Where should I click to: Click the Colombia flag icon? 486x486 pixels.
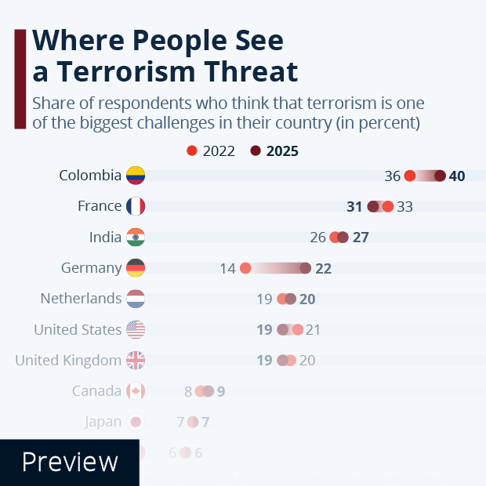136,176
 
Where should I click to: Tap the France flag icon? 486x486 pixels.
136,206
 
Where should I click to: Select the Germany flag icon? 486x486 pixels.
136,268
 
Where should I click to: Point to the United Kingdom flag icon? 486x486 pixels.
136,361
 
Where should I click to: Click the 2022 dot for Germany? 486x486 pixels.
245,268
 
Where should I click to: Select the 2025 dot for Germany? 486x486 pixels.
305,268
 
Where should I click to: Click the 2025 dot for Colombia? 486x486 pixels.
440,176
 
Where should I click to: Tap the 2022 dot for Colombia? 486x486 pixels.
410,176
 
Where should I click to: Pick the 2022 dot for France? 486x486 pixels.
387,206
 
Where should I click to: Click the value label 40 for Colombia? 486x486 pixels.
457,176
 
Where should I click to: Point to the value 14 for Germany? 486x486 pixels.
227,268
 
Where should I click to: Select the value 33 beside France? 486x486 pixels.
404,206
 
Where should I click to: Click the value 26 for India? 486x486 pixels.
317,238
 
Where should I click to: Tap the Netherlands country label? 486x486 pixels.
81,299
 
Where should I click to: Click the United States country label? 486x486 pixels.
78,330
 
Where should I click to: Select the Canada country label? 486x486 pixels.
96,391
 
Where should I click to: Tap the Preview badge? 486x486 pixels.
70,462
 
